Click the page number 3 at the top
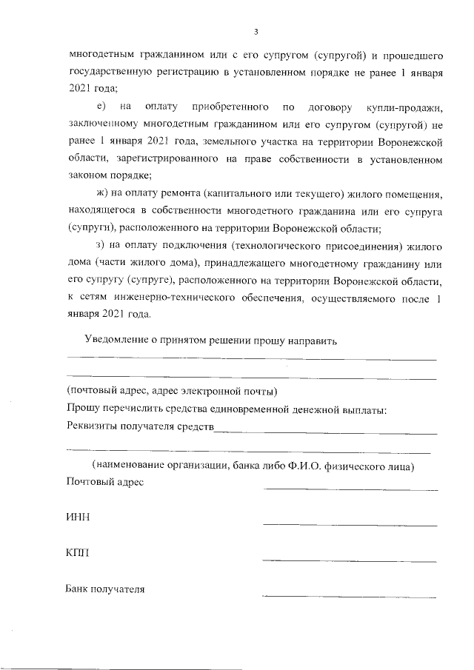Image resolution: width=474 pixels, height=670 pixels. pos(256,32)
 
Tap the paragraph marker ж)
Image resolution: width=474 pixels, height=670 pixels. pos(99,195)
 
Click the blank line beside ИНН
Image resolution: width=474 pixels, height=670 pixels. pos(350,525)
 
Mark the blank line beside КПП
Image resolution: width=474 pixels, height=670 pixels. pos(350,560)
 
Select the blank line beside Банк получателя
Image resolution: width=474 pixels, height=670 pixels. pos(350,596)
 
